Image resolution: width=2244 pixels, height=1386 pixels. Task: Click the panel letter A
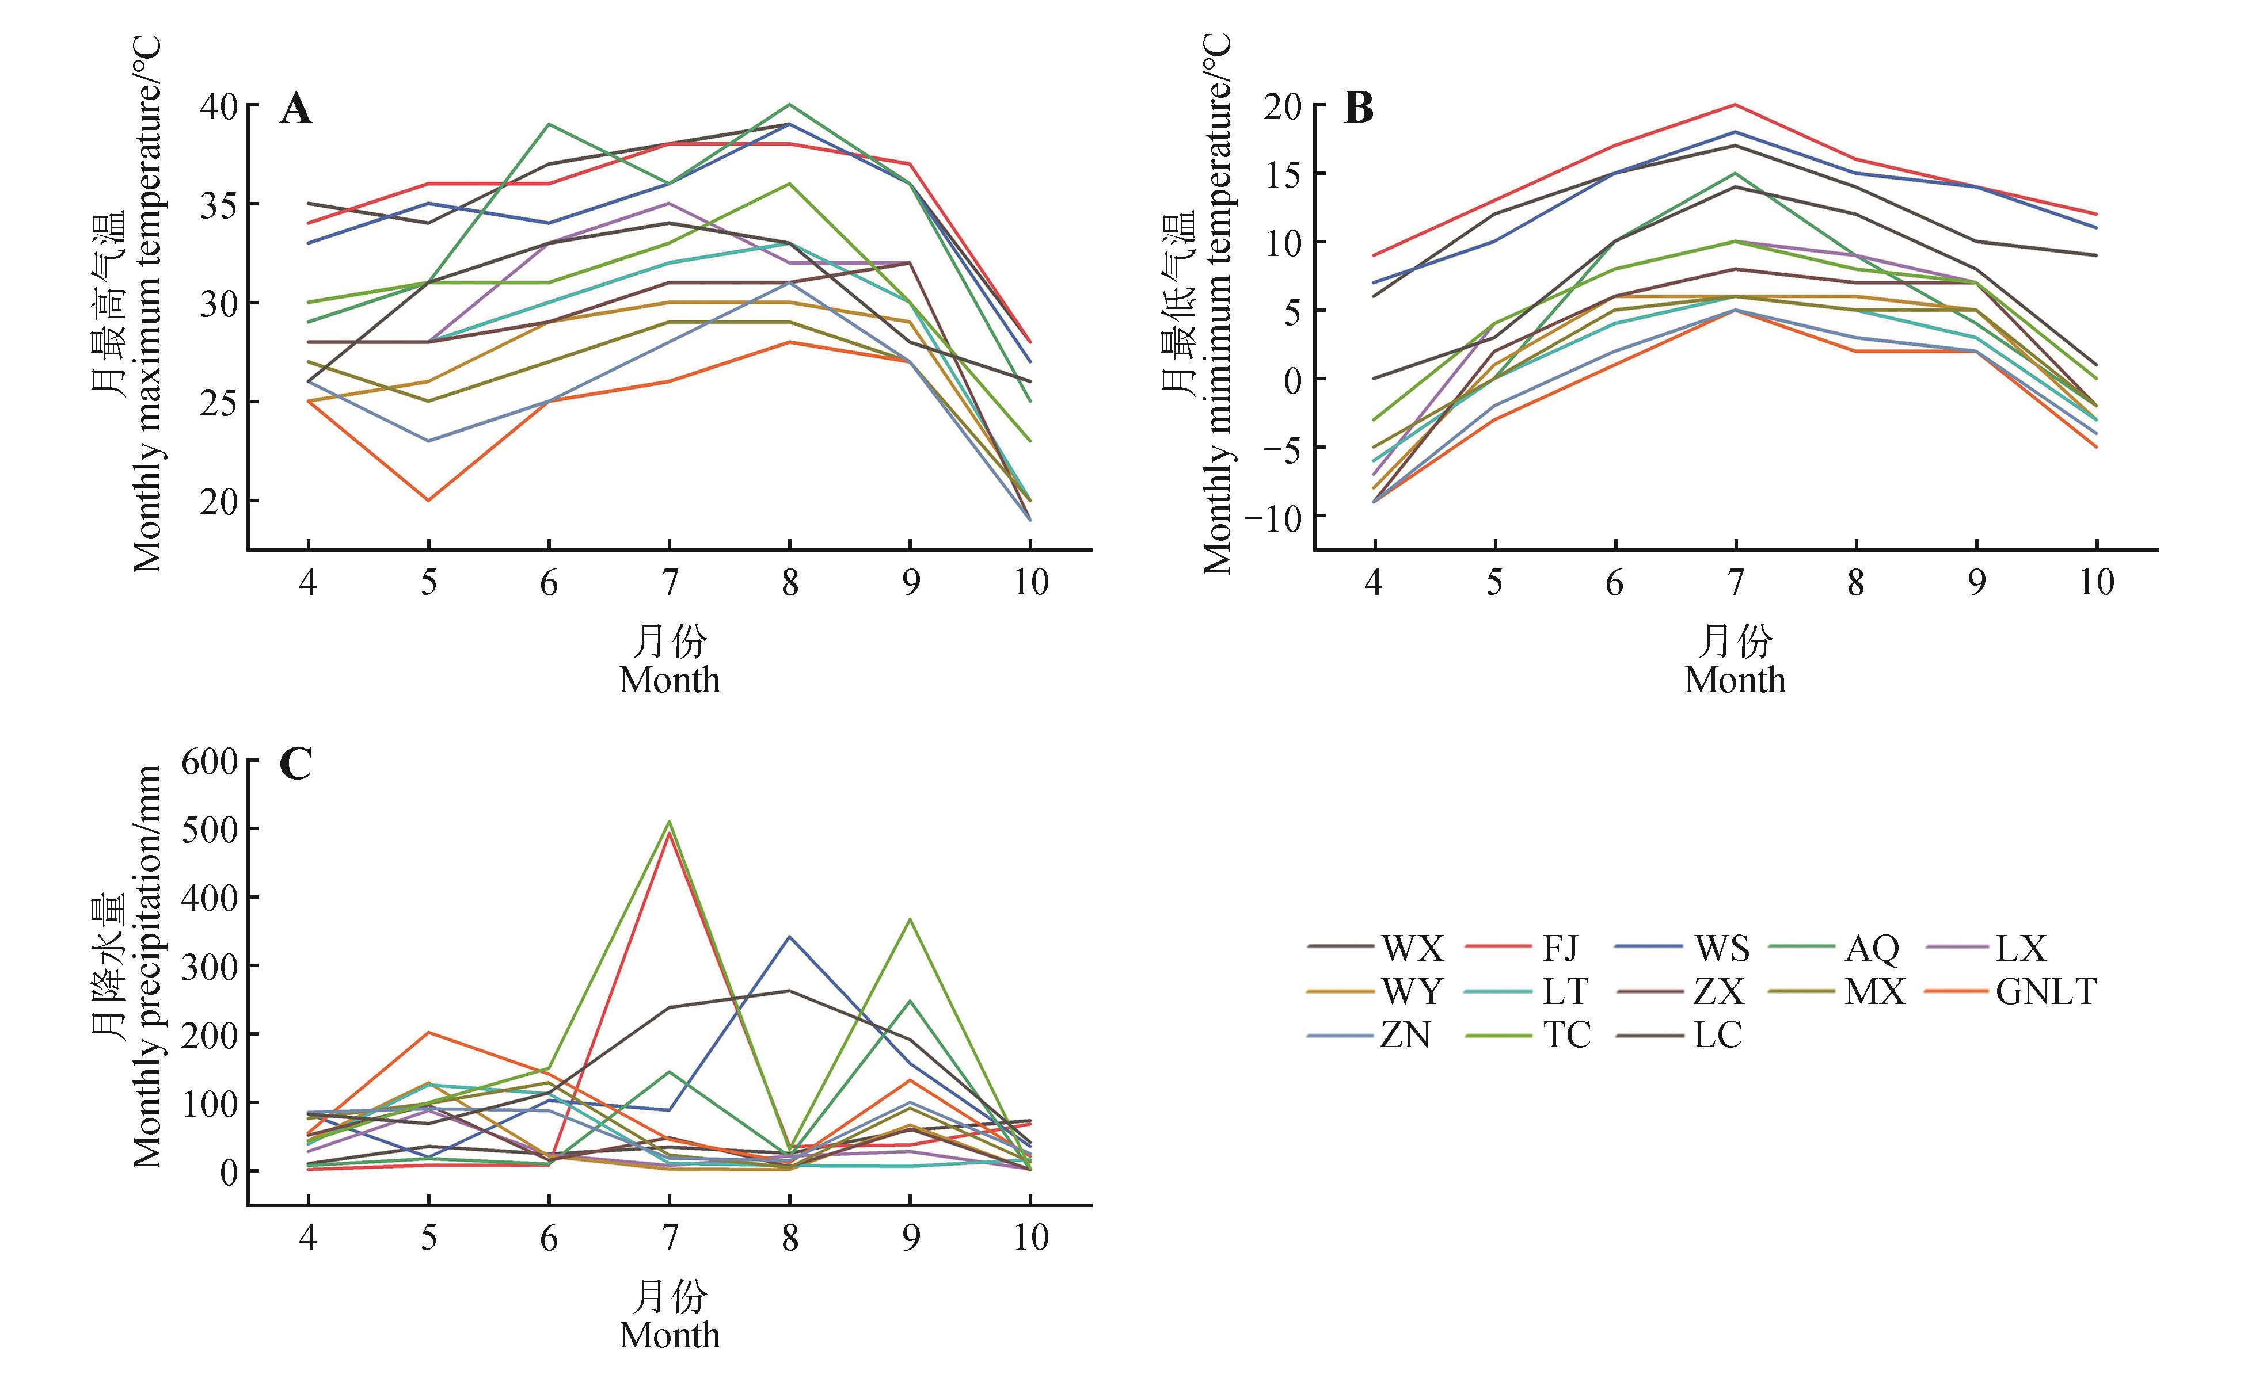295,109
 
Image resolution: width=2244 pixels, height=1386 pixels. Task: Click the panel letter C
295,763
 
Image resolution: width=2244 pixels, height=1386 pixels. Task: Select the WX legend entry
1412,948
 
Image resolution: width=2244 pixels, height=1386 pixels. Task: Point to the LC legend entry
1717,1035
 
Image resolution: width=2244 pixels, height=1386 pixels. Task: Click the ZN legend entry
1405,1035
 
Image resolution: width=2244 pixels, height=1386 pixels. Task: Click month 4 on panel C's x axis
308,1238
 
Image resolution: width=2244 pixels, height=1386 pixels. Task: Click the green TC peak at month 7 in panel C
670,822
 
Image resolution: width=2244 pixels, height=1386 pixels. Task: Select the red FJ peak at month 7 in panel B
1735,105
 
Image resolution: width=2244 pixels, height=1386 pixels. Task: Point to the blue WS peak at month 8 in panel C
790,937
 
